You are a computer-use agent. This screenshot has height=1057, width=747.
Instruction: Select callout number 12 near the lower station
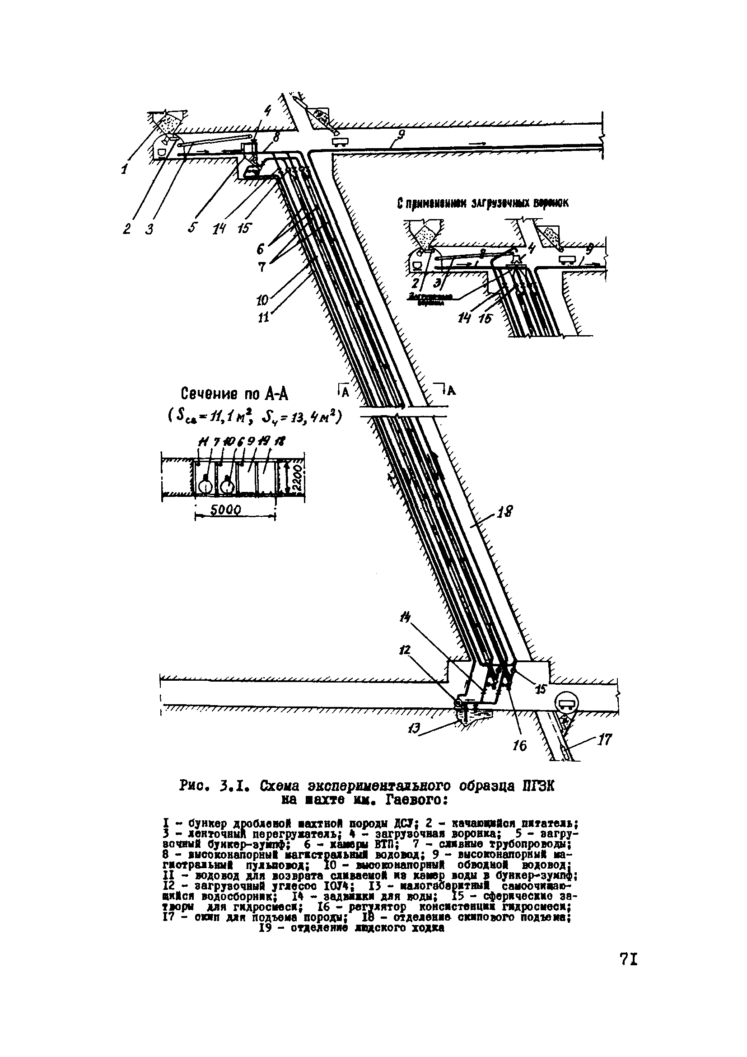(406, 650)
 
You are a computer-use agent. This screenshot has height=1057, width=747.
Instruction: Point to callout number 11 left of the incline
(263, 317)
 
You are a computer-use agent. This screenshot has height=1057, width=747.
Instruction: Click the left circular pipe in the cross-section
(205, 485)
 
